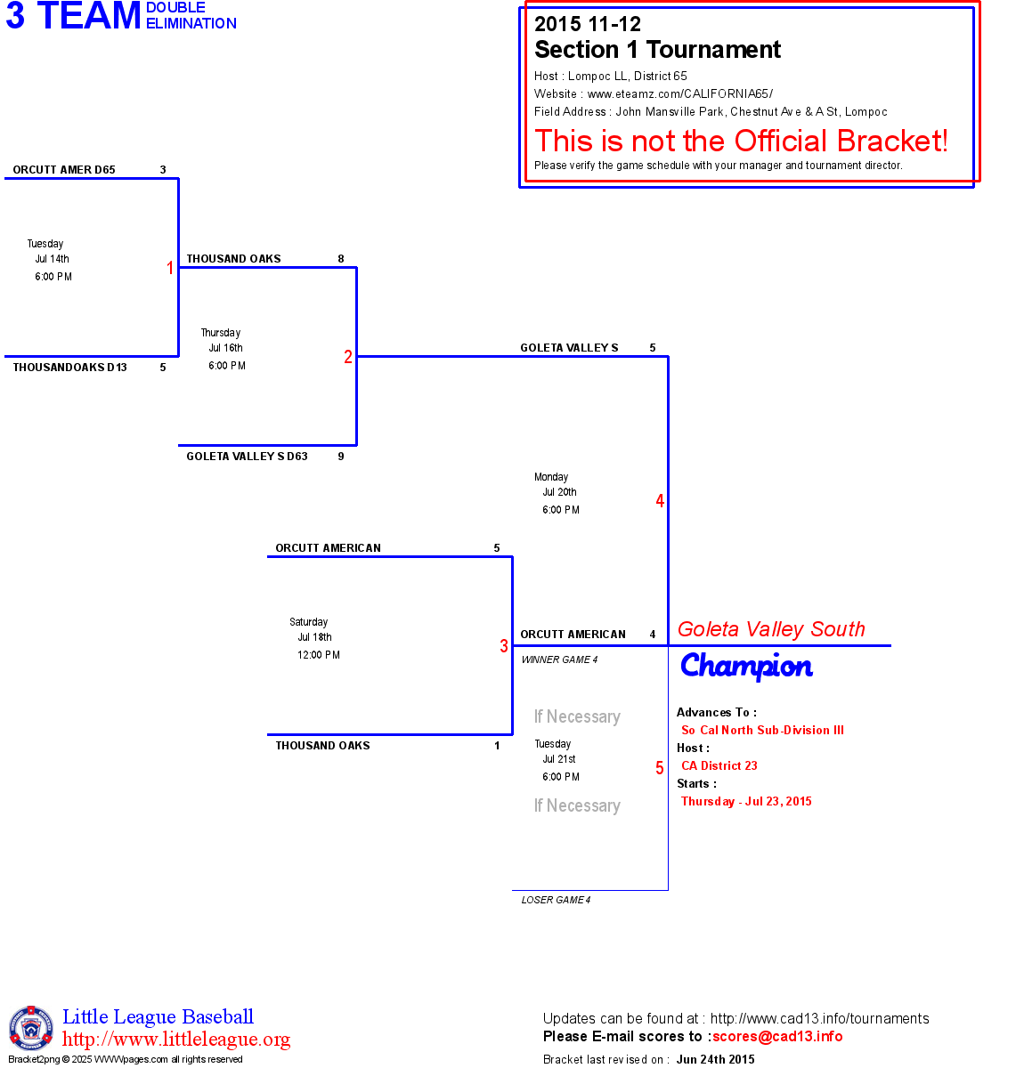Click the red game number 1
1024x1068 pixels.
[x=170, y=268]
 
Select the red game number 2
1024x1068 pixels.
[x=348, y=357]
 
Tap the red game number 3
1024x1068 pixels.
[x=504, y=646]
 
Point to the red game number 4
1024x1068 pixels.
[x=660, y=501]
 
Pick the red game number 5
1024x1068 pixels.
[x=660, y=768]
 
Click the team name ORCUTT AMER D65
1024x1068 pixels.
[x=64, y=170]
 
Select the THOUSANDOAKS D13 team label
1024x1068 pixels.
[x=69, y=368]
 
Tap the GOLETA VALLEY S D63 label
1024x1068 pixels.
[x=247, y=457]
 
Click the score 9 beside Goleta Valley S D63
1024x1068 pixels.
[x=341, y=457]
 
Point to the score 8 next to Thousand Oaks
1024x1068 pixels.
[x=341, y=259]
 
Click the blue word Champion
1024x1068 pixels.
[x=746, y=666]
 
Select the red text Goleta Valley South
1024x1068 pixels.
[x=771, y=629]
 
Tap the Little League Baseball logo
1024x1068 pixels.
[x=31, y=1028]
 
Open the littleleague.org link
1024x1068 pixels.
[x=176, y=1040]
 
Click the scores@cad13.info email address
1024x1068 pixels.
[x=777, y=1036]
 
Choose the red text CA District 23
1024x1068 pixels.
[x=719, y=765]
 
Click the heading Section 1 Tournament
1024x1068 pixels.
[x=657, y=50]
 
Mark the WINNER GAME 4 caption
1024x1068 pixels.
[x=559, y=659]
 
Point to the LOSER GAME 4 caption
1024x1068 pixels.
[x=556, y=900]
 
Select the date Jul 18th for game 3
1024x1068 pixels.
[x=314, y=637]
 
